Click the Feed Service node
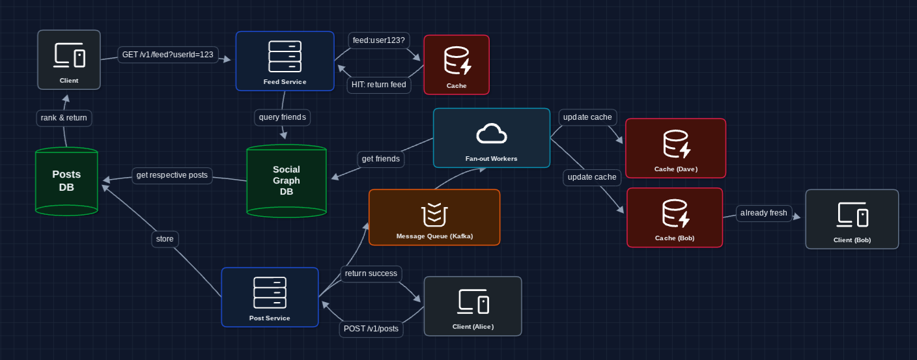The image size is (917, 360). pos(285,61)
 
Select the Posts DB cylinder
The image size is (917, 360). pos(66,182)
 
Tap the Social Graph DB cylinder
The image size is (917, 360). pos(287,180)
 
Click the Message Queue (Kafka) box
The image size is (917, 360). pos(434,217)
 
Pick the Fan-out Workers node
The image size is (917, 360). pos(492,138)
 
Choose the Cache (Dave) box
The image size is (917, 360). pos(675,148)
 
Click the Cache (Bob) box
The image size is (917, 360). pos(675,217)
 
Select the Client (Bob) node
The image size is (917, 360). pos(852,219)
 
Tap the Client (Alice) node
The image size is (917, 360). pos(473,306)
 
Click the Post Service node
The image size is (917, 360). pos(270,297)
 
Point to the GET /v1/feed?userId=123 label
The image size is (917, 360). pos(168,55)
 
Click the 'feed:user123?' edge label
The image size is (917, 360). pos(379,40)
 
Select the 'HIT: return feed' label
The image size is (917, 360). pos(379,85)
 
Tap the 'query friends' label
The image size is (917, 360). pos(282,117)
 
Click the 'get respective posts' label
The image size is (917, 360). pos(172,175)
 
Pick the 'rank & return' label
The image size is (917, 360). pos(64,118)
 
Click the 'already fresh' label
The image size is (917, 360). pos(764,213)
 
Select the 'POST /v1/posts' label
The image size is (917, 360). pos(371,329)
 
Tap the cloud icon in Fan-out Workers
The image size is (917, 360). pos(492,133)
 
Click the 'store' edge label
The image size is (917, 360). pos(165,239)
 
